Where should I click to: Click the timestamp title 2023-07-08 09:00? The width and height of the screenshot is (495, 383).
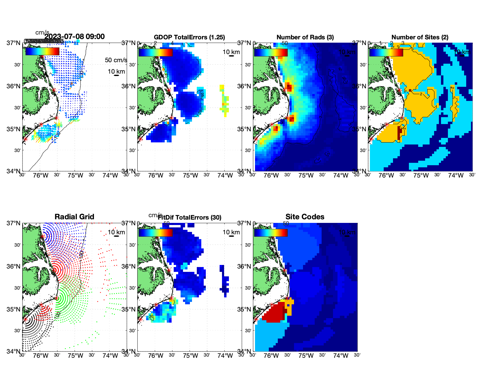click(74, 37)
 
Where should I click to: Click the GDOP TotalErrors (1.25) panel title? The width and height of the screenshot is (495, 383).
click(189, 37)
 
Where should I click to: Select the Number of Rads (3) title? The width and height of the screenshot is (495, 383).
click(305, 37)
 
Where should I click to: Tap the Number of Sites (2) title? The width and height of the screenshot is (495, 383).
click(420, 37)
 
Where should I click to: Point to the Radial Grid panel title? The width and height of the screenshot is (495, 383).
click(74, 217)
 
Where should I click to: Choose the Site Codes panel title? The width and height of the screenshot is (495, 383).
click(305, 217)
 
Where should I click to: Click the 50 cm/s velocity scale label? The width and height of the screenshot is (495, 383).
click(116, 60)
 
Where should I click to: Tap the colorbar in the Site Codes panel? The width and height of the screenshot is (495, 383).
click(271, 233)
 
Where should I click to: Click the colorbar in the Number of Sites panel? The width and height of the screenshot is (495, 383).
click(386, 53)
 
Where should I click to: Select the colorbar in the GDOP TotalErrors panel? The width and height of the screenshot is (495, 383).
click(155, 53)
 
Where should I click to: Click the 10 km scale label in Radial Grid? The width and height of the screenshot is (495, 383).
click(116, 232)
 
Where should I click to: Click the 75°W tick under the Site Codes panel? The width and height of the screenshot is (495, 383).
click(306, 356)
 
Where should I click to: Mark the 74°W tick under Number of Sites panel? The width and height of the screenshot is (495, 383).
click(456, 175)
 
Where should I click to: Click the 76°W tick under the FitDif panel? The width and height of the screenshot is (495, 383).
click(156, 356)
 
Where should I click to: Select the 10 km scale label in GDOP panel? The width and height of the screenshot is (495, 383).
click(231, 52)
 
